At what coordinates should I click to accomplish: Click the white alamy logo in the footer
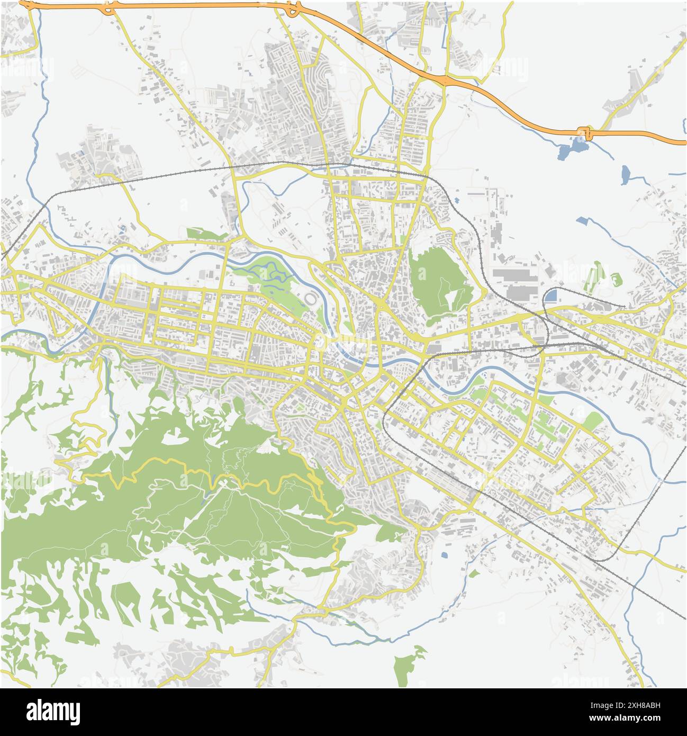(x=53, y=711)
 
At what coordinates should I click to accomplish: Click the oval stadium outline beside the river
(x=312, y=300)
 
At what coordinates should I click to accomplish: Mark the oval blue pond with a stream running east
(x=626, y=174)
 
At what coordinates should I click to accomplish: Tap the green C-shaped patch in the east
(x=615, y=279)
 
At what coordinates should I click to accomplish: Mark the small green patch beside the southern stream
(x=474, y=572)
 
